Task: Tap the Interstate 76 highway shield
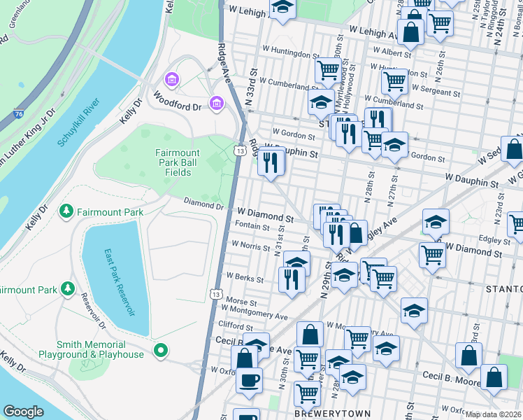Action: tap(18, 113)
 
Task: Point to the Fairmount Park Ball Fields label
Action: tap(178, 162)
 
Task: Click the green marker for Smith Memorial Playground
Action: tap(161, 349)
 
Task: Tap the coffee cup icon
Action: tap(249, 381)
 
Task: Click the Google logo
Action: tap(24, 412)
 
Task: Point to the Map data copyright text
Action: tap(494, 414)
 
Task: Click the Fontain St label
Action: tap(253, 227)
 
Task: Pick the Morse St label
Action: tap(241, 300)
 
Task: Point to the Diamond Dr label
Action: tap(203, 206)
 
